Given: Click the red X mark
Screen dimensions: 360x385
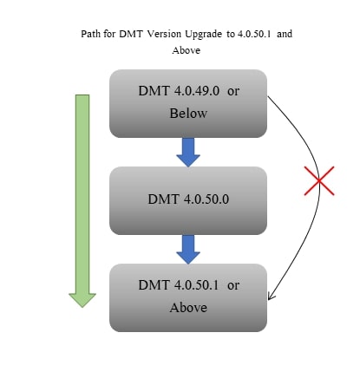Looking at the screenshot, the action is click(x=319, y=180).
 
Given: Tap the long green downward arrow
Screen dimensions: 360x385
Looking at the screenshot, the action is click(x=82, y=199).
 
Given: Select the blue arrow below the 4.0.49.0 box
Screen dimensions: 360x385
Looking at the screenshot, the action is click(x=188, y=152).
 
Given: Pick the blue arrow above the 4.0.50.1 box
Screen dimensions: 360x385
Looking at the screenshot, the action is click(x=188, y=249).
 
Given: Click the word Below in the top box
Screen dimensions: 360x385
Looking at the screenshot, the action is click(x=188, y=114).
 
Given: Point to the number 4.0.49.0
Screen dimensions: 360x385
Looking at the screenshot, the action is click(x=197, y=91).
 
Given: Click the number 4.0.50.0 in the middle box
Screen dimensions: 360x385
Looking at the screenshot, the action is click(x=206, y=199).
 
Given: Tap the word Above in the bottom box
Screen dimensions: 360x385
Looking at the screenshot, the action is click(x=188, y=307).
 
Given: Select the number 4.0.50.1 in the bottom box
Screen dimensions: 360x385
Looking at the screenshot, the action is click(x=197, y=285).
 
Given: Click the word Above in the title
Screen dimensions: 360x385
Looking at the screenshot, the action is click(x=187, y=50).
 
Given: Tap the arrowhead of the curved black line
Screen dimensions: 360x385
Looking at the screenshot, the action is click(x=271, y=297).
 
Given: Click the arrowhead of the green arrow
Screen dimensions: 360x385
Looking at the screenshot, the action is click(x=82, y=300).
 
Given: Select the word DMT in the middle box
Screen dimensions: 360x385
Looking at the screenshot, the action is click(x=163, y=199).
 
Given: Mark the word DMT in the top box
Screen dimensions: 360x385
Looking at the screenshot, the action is click(x=154, y=91).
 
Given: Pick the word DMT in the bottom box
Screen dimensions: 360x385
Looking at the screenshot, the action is click(x=154, y=285).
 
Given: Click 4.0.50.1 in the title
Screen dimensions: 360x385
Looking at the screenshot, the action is click(x=254, y=34).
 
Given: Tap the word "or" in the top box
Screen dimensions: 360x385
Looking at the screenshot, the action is click(x=233, y=91).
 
